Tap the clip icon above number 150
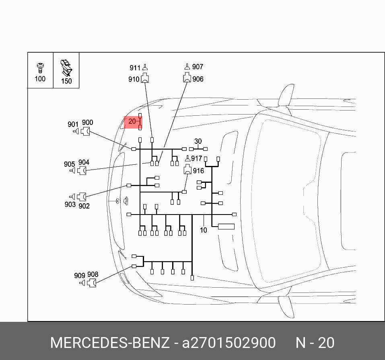click(66, 68)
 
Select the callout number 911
click(135, 68)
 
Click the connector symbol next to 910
click(145, 78)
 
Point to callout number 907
click(198, 67)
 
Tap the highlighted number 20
click(132, 121)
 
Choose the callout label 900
click(87, 123)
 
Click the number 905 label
click(69, 164)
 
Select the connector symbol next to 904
click(82, 171)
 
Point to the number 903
click(70, 204)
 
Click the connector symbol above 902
click(82, 197)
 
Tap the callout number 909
click(80, 276)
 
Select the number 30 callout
click(198, 141)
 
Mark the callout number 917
click(197, 159)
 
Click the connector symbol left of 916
click(187, 170)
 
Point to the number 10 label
click(203, 230)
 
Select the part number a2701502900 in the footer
click(229, 343)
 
